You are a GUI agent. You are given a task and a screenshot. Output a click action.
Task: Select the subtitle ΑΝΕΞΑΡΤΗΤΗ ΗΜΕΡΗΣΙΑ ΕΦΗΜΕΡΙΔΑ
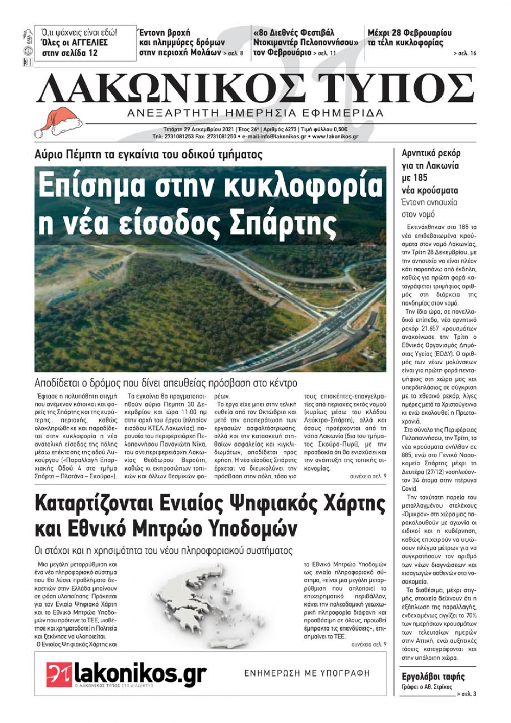click(255, 113)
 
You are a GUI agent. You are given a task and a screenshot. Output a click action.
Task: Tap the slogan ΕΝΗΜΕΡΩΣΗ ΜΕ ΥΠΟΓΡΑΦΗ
click(307, 673)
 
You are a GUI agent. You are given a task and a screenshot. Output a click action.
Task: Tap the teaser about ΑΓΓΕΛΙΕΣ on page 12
click(85, 43)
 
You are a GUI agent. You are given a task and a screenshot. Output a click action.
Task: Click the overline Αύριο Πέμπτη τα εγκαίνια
click(148, 155)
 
